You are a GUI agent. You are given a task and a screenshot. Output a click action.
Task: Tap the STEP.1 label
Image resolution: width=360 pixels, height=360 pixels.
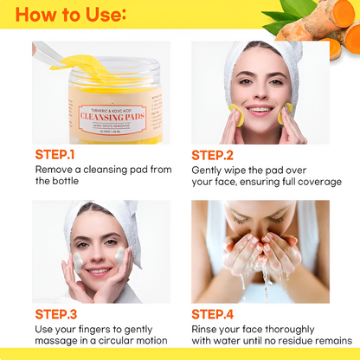coord(55,155)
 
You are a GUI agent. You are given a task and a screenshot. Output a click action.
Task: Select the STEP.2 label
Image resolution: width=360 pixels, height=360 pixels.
coord(213,155)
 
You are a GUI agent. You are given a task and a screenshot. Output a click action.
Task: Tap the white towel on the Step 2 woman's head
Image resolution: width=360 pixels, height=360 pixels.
coord(260,52)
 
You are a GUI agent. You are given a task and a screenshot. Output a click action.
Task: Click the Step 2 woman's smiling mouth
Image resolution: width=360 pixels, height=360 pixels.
coord(260,111)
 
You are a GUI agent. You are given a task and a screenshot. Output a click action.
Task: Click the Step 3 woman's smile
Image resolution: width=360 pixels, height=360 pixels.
coord(97,270)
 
